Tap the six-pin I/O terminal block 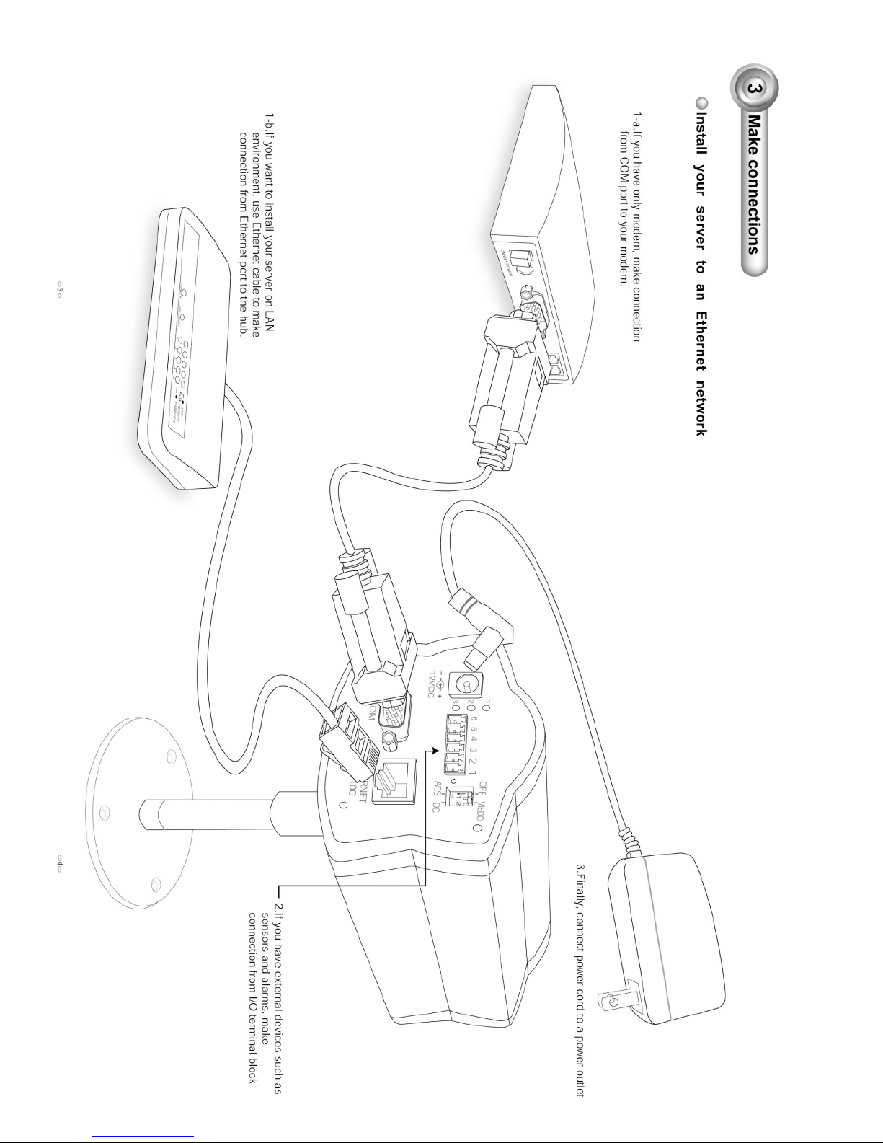(455, 742)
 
